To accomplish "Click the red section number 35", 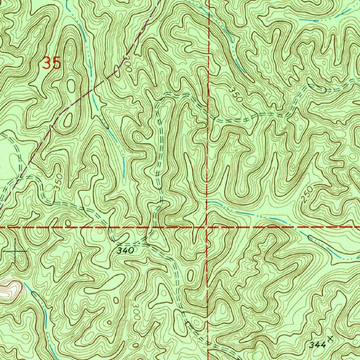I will click(x=52, y=63).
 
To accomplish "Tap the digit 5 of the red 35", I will click(x=57, y=63).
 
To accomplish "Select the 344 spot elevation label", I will click(x=317, y=345).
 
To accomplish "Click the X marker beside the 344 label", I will click(x=330, y=339).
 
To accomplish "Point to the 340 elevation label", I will click(x=126, y=251).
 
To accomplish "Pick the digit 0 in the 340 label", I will click(x=131, y=251).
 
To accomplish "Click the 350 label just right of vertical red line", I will click(x=235, y=94).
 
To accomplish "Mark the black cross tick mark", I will click(x=16, y=252).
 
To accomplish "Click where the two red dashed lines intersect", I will click(x=207, y=227).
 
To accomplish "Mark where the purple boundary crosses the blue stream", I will click(x=92, y=89).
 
